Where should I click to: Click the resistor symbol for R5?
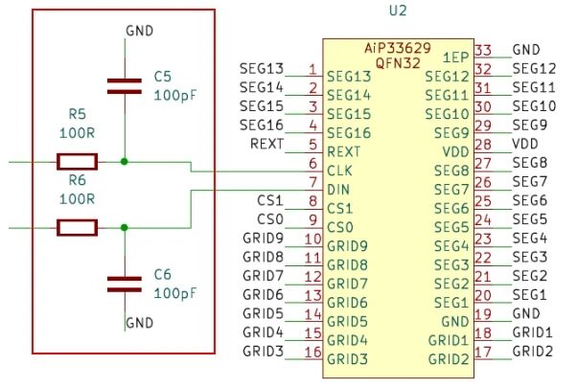click(x=77, y=162)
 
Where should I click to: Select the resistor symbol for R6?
click(x=77, y=227)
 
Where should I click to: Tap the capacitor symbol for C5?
click(x=125, y=86)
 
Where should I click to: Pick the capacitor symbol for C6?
click(x=125, y=283)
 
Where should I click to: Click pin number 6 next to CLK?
click(x=312, y=163)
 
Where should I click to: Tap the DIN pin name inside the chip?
click(x=339, y=190)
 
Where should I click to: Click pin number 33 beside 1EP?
click(x=483, y=50)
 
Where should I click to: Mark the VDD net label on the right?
click(x=526, y=143)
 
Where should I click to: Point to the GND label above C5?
click(x=140, y=31)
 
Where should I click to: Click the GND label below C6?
click(x=140, y=322)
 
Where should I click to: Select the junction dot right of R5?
click(x=125, y=162)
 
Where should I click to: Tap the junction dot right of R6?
click(x=125, y=227)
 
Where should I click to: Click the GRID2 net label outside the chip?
click(x=532, y=352)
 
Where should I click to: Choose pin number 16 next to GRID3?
click(x=311, y=352)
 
